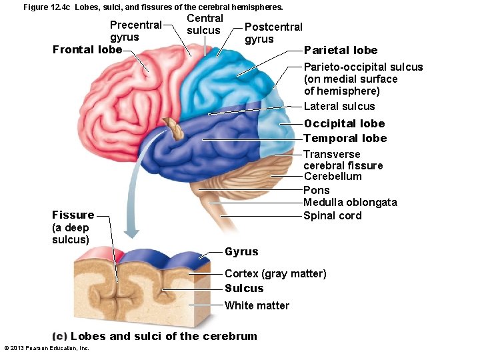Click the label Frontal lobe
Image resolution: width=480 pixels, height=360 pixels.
pos(87,49)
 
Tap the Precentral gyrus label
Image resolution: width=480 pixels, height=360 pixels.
pos(135,31)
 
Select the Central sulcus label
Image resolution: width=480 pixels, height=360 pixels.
pos(205,24)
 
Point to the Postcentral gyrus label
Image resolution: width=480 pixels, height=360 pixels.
pos(273,33)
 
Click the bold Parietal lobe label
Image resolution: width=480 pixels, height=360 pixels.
pos(340,51)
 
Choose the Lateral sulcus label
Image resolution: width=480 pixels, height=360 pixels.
pos(339,107)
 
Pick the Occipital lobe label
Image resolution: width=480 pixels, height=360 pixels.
pos(344,124)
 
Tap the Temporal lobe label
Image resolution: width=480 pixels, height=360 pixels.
pos(345,139)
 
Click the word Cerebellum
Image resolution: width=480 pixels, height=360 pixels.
pos(333,177)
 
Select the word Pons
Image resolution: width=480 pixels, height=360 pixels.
pos(316,190)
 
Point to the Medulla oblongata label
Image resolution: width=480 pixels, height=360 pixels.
pos(350,203)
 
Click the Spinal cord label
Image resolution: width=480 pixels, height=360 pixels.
pos(332,215)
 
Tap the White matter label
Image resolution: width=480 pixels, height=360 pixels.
pos(257,306)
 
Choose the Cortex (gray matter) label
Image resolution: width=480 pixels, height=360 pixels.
pos(275,274)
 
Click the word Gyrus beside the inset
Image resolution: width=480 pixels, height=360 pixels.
pos(241,252)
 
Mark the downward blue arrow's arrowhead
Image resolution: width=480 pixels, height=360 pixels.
pos(132,233)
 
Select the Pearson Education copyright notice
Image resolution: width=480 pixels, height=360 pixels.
pos(47,348)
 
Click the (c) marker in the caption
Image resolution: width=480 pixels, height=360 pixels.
pos(59,336)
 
